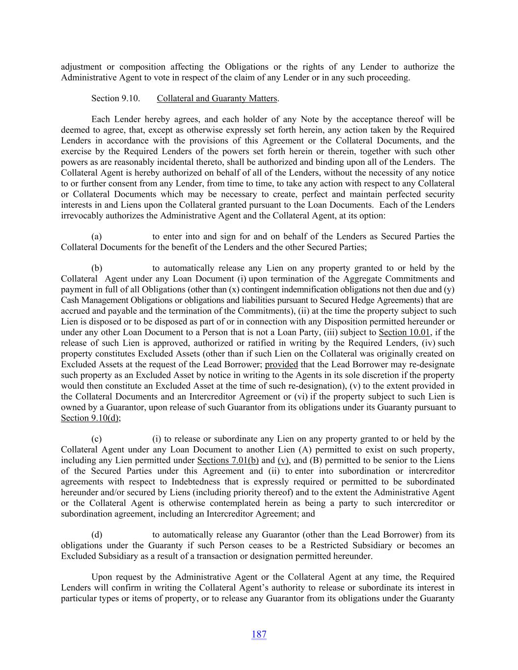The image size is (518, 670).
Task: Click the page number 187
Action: pos(259,634)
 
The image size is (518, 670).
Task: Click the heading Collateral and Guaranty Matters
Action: pos(217,99)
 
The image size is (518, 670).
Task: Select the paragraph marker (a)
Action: pos(97,237)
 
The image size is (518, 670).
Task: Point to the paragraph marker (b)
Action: pos(97,268)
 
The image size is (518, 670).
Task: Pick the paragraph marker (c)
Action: pos(97,439)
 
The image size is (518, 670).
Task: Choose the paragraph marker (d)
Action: pos(97,535)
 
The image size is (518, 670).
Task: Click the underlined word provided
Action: pos(281,365)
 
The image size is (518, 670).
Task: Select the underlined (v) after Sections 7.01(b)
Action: pos(283,460)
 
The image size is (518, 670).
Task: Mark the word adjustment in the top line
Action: pos(81,67)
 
